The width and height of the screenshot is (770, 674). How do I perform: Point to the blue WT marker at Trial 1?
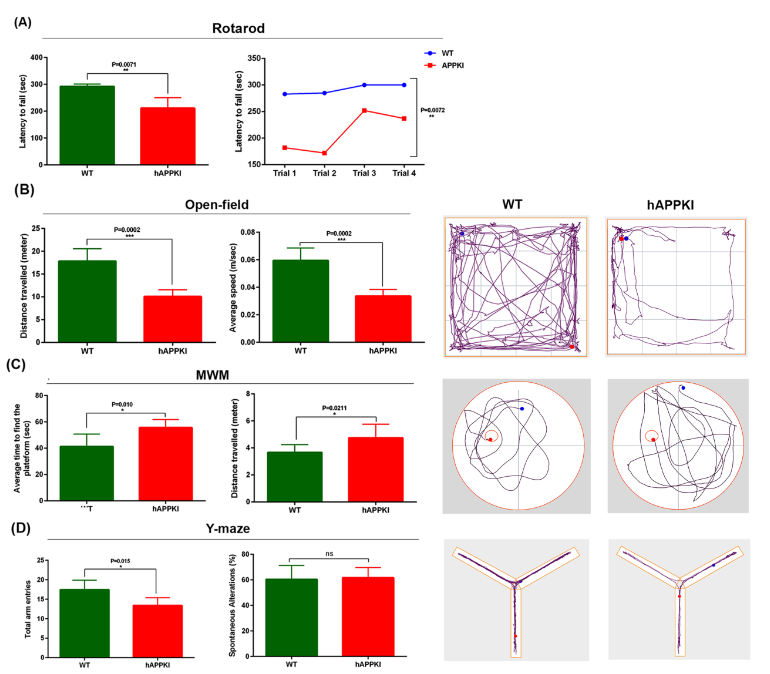coord(285,94)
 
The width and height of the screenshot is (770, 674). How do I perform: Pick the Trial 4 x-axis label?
coord(404,173)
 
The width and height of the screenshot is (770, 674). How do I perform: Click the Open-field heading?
coord(217,205)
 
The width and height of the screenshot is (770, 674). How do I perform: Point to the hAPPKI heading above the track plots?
coord(670,205)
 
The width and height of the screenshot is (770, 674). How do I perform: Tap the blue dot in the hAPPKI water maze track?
coord(683,388)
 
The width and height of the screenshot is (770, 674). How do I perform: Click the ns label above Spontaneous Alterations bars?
coord(329,554)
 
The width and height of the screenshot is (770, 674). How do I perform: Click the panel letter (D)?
coord(21,528)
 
